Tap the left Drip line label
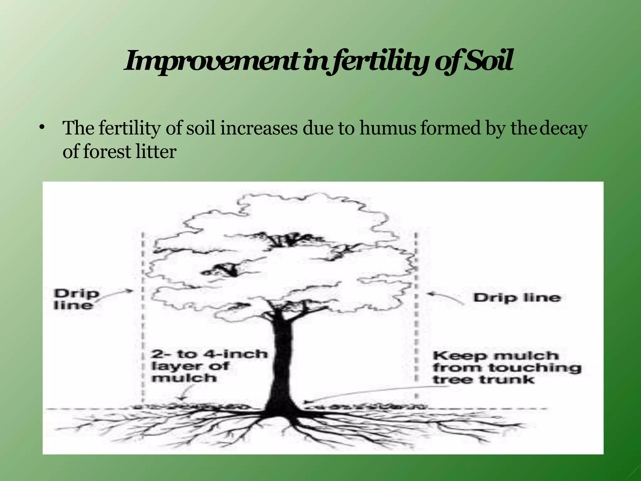coord(76,299)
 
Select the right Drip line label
coord(516,297)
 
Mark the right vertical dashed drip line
coord(416,313)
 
